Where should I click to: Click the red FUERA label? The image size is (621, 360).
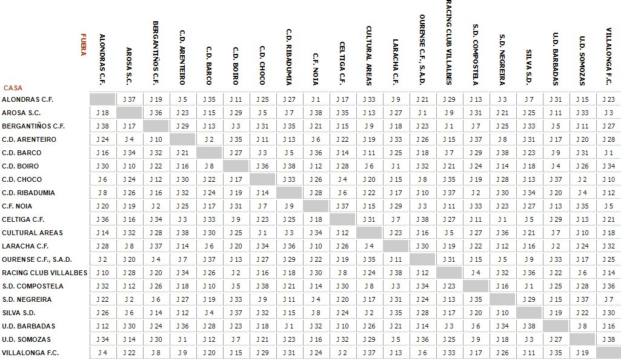[83, 44]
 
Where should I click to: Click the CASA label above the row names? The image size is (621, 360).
[13, 88]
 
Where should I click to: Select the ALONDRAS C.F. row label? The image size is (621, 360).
[27, 99]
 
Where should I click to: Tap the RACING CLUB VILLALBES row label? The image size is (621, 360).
[44, 273]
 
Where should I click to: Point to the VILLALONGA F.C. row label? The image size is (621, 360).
[30, 353]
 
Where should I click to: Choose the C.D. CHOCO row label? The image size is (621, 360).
[22, 179]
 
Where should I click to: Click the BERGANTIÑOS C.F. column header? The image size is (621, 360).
[156, 53]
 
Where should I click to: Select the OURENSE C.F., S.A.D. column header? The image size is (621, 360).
[422, 50]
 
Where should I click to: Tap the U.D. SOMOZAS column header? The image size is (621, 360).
[582, 61]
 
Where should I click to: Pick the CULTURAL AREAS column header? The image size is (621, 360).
[369, 55]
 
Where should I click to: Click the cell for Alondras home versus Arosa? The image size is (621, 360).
[129, 99]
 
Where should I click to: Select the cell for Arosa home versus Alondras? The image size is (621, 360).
[102, 113]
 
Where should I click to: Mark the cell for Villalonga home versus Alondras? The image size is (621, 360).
[102, 353]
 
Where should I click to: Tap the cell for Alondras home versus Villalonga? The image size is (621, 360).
[609, 99]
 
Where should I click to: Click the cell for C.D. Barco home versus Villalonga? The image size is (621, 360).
[609, 153]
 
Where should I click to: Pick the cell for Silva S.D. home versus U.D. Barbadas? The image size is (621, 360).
[556, 313]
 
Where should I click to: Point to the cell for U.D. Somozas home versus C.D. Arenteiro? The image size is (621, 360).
[182, 339]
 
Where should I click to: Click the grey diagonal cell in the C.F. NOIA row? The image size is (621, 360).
[316, 206]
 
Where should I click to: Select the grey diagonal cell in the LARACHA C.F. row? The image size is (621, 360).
[396, 246]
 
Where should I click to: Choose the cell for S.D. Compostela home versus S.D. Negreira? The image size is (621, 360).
[502, 286]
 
